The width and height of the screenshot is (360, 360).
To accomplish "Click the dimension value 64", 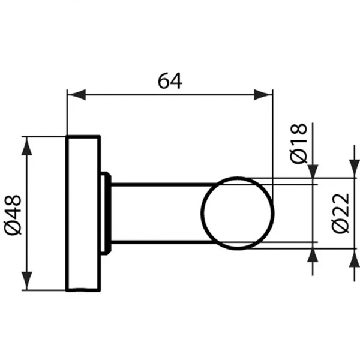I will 170,79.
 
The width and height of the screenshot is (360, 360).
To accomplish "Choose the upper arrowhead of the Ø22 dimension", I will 353,170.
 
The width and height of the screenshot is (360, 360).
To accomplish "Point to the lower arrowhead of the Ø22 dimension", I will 353,257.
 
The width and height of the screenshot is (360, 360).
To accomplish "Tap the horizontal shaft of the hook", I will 156,213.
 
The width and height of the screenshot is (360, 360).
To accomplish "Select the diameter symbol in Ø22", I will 340,228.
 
